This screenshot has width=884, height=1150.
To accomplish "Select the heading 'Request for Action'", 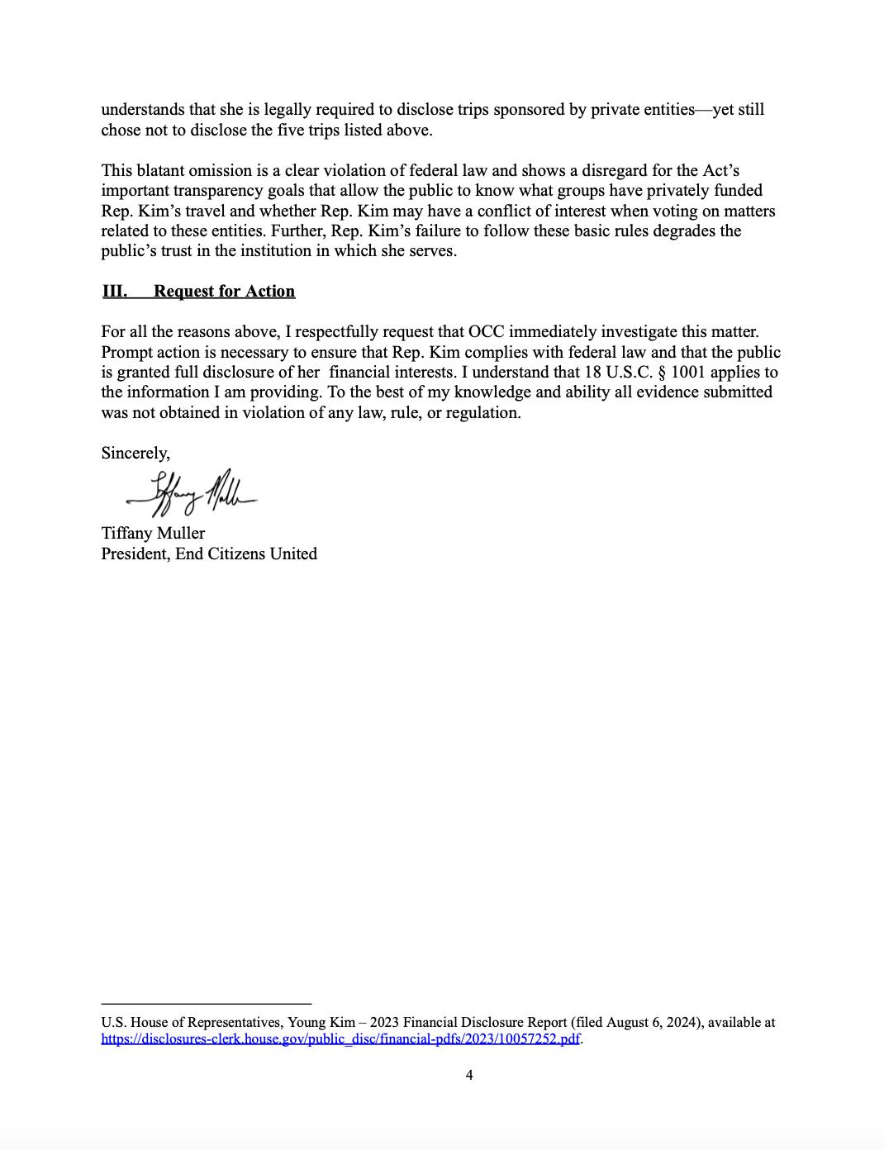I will point(224,291).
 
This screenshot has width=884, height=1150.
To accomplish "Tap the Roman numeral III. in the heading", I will point(114,291).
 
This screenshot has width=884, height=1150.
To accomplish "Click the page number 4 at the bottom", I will point(469,1075).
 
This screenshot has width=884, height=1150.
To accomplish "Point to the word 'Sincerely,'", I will point(135,453).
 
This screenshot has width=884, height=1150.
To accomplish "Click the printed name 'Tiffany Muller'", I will point(153,533).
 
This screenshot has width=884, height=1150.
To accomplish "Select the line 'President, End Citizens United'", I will point(209,554).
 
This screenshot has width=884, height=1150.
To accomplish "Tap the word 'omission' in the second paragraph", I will point(224,170).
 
